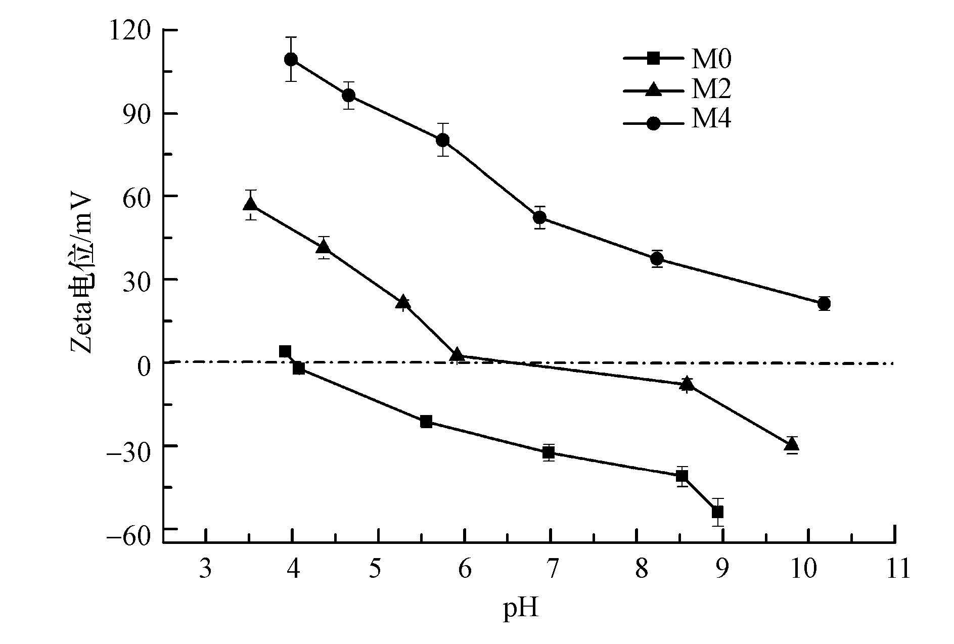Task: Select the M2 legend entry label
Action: coord(711,90)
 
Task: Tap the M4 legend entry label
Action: coord(711,120)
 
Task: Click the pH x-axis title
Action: coord(520,610)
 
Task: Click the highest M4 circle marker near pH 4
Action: coord(291,60)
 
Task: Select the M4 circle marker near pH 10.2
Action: coord(824,304)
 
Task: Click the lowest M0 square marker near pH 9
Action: coord(717,512)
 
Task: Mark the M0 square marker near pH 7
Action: coord(549,452)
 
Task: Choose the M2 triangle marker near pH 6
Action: coord(457,355)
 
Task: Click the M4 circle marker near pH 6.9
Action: coord(540,217)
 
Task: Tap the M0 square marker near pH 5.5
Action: coord(426,422)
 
